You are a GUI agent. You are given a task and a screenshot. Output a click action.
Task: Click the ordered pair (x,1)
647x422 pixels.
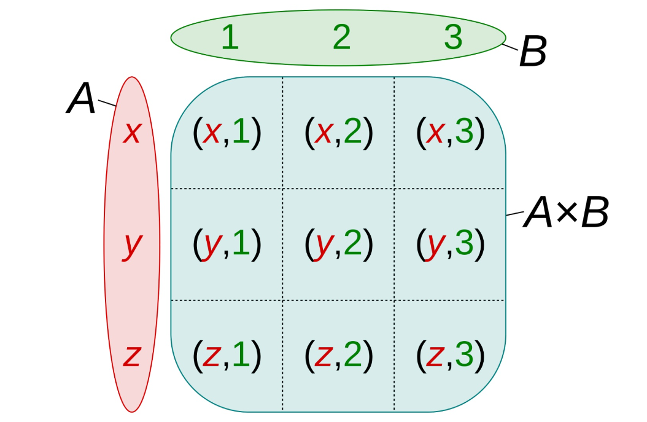click(227, 133)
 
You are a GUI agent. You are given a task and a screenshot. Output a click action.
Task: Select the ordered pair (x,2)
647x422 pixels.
click(339, 133)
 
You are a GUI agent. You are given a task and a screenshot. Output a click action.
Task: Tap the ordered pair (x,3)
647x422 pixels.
click(451, 133)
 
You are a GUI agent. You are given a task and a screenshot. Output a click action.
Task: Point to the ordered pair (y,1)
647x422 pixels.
click(227, 244)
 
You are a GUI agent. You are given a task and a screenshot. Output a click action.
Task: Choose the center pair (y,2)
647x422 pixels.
click(339, 244)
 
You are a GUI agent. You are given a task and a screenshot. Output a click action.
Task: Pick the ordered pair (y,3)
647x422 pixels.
click(451, 244)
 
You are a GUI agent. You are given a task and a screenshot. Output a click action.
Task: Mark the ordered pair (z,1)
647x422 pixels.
click(227, 355)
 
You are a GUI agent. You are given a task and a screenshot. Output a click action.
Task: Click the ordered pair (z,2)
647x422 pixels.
click(339, 355)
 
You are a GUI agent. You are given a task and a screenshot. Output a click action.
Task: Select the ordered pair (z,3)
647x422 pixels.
click(451, 355)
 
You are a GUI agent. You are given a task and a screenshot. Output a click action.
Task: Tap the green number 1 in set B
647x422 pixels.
click(230, 38)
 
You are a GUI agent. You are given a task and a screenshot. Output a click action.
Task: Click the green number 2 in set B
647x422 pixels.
click(341, 38)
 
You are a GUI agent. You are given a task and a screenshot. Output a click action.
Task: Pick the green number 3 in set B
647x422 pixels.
click(453, 38)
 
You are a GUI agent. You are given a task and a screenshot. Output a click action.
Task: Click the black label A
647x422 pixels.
click(82, 100)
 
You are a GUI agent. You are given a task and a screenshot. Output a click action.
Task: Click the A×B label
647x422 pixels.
click(565, 214)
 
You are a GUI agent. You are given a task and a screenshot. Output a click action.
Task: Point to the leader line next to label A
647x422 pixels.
click(107, 103)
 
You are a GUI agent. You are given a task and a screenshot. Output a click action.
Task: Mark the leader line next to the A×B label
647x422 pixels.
click(514, 214)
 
